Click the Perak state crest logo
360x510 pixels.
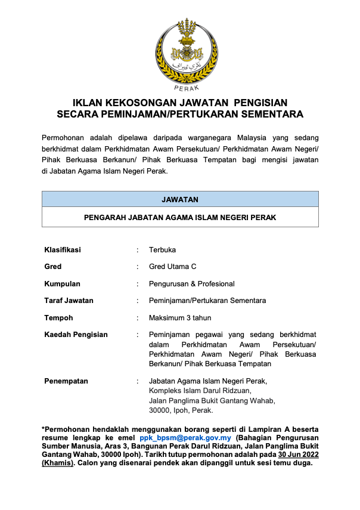[179, 51]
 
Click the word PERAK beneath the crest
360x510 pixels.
[180, 88]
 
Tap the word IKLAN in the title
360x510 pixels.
[88, 103]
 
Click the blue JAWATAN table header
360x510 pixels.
[180, 199]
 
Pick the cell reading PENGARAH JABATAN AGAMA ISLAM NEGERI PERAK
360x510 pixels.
[180, 217]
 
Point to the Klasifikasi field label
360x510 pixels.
[63, 250]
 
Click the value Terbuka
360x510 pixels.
[162, 250]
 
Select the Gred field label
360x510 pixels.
[53, 267]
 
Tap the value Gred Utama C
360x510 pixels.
[172, 267]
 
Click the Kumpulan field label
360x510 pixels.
[62, 284]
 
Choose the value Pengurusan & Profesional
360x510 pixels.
[191, 284]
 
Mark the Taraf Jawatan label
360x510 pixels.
[69, 301]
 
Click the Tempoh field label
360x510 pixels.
[58, 318]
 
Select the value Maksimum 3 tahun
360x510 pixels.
[180, 318]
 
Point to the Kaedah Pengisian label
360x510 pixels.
[76, 335]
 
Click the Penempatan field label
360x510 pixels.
[66, 381]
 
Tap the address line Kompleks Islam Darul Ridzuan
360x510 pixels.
[200, 391]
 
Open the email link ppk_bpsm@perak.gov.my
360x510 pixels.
[185, 437]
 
